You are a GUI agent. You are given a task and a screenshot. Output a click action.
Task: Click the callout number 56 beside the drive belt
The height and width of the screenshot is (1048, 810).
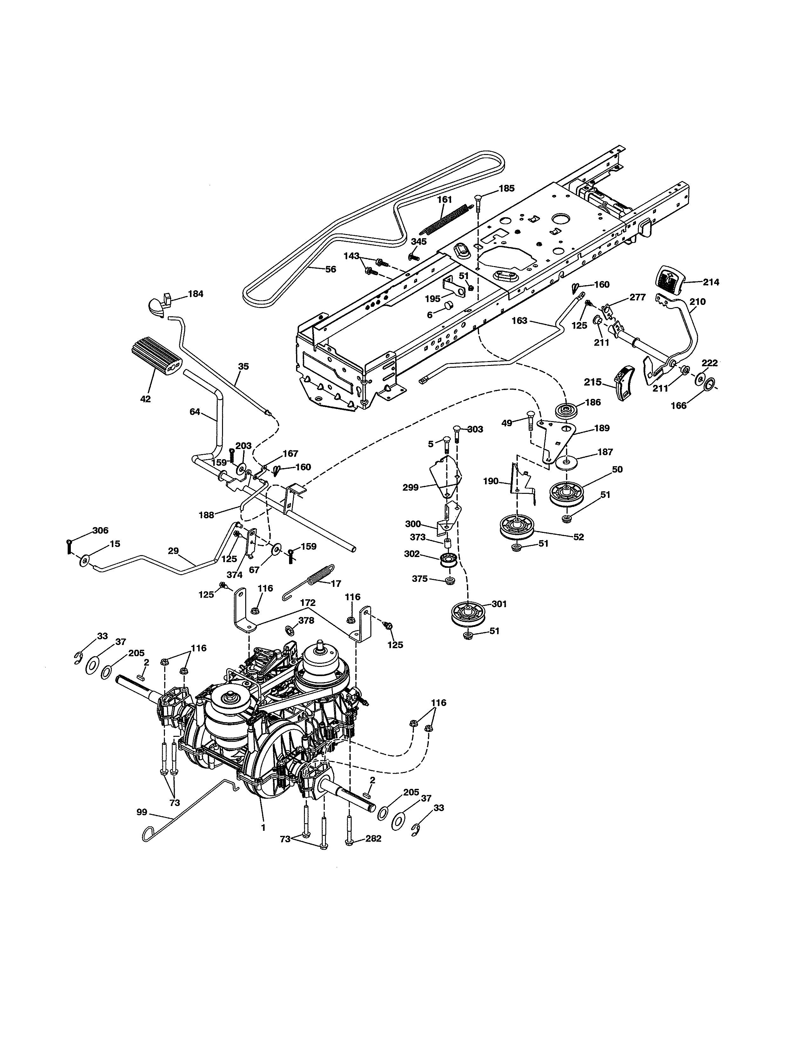click(331, 270)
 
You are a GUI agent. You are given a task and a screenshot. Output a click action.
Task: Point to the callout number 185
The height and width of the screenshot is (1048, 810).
click(506, 189)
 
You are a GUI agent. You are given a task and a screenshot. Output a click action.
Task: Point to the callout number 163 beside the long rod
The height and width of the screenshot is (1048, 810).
click(519, 320)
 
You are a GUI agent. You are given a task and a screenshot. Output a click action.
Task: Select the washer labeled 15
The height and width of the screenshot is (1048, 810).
click(86, 560)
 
